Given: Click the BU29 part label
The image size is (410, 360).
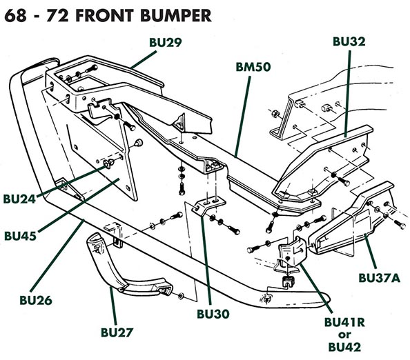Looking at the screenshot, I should tap(166, 43).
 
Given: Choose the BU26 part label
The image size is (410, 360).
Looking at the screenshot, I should tap(30, 301).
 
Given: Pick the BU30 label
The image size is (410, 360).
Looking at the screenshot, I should tap(213, 314).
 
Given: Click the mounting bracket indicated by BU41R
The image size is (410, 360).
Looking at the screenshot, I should tap(290, 255).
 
